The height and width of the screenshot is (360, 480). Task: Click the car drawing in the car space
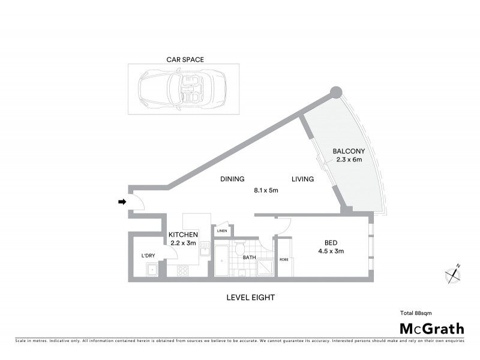[182, 88]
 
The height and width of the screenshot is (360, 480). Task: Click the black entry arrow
[122, 202]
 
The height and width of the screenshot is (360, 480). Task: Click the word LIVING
[303, 179]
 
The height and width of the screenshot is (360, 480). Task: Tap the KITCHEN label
[182, 235]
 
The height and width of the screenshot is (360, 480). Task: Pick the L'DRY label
[148, 256]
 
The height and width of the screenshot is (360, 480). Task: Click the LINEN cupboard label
[222, 230]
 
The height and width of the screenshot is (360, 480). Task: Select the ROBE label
[283, 260]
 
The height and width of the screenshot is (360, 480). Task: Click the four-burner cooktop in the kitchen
[182, 271]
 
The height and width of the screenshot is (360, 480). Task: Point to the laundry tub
[152, 269]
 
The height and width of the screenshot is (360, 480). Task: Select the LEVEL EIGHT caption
[251, 297]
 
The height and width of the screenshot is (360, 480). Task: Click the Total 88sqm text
[416, 313]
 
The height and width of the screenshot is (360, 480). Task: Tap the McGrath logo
[432, 328]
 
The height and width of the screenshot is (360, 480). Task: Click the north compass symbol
[454, 274]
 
